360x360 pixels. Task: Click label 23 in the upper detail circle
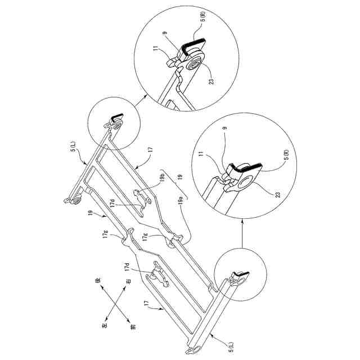click(211, 82)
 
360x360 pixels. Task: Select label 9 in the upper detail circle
click(164, 33)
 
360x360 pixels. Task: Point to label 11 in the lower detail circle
click(201, 154)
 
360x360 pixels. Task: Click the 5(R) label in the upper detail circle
click(204, 16)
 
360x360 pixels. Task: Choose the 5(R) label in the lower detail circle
click(286, 155)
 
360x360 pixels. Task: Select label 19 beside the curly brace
click(180, 177)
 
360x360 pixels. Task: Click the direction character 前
click(133, 326)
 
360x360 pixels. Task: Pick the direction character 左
click(104, 325)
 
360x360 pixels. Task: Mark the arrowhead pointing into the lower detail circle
click(242, 220)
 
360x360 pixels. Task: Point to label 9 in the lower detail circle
click(225, 128)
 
